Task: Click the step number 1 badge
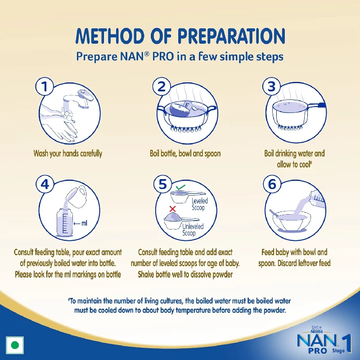(x=45, y=86)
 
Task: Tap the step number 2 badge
(x=161, y=86)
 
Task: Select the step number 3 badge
(x=271, y=86)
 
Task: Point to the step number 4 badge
(x=45, y=185)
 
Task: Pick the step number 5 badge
(x=161, y=185)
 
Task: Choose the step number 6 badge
(x=271, y=185)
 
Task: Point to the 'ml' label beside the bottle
(x=85, y=222)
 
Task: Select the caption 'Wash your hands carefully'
(x=68, y=153)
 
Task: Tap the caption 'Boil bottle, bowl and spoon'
(x=185, y=153)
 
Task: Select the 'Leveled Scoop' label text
(x=198, y=204)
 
